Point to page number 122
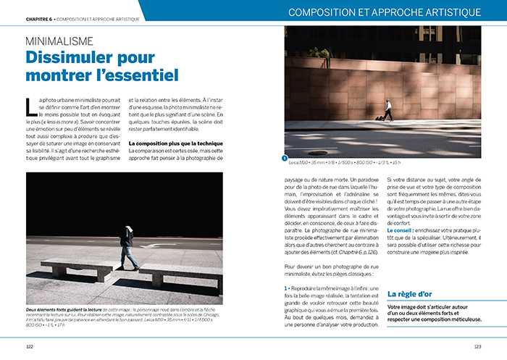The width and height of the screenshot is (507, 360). [30, 346]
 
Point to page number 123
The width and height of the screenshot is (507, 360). [477, 346]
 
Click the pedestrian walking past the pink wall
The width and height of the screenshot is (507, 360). [388, 109]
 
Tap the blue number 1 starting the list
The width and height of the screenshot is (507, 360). [286, 289]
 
